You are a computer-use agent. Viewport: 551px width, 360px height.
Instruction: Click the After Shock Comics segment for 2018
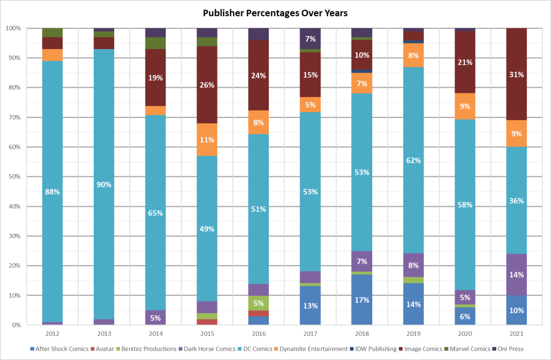[x=361, y=299]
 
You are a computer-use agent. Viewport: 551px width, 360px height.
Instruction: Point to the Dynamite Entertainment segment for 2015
[x=206, y=140]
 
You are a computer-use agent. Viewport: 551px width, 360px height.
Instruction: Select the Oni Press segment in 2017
[x=310, y=38]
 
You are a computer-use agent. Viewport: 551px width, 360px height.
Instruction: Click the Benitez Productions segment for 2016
[x=258, y=303]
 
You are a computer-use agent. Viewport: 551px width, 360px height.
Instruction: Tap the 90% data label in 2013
[x=103, y=185]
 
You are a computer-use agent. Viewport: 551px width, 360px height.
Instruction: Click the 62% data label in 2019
[x=413, y=161]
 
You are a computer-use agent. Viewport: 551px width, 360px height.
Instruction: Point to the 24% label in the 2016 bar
[x=258, y=76]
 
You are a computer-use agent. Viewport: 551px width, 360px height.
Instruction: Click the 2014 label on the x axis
[x=155, y=333]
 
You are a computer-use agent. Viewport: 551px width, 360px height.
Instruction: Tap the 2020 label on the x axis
[x=465, y=333]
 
